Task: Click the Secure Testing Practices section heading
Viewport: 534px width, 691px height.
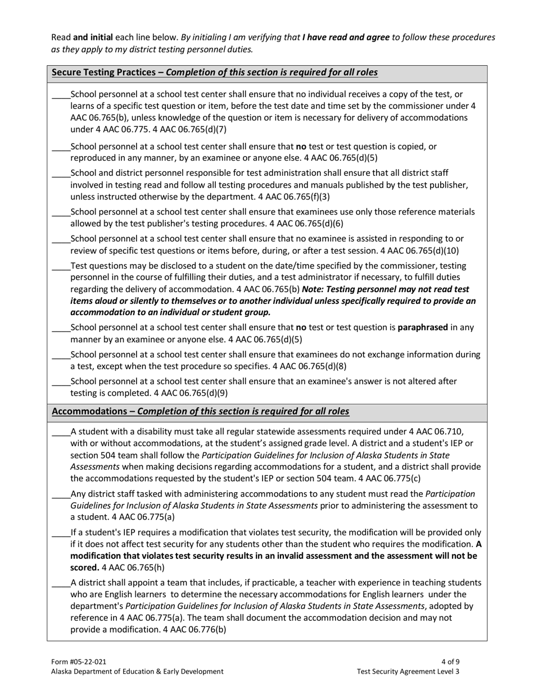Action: [214, 72]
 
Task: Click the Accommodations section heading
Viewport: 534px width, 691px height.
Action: [200, 412]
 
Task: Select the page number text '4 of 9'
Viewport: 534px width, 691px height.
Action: [451, 662]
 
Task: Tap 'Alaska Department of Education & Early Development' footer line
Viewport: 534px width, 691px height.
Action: [137, 671]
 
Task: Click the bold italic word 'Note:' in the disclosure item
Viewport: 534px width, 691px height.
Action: [313, 289]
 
